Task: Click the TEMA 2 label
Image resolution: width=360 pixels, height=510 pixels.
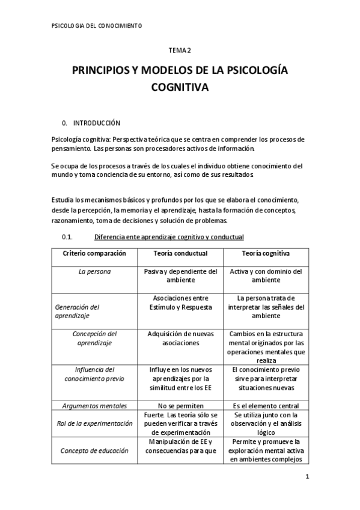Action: (x=180, y=52)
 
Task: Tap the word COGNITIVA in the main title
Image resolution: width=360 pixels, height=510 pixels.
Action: (x=180, y=88)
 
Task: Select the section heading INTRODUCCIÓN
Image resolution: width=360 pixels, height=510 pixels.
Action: (x=97, y=123)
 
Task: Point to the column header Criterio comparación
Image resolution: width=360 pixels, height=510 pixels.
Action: (x=94, y=254)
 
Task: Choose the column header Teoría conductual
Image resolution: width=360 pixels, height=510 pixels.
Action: (x=180, y=254)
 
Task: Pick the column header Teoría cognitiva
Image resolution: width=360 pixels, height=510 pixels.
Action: (x=266, y=254)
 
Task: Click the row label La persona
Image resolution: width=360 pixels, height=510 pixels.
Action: (x=95, y=272)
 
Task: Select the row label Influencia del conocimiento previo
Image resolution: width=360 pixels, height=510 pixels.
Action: (x=94, y=374)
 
